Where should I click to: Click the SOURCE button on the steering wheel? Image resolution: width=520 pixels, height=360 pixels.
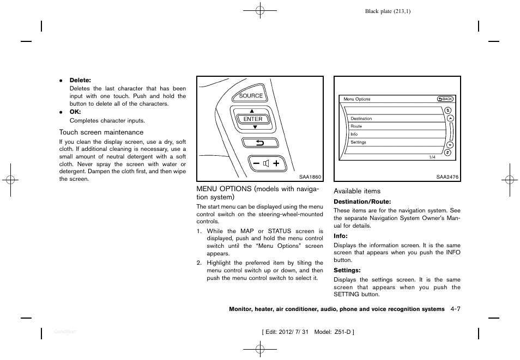pos(251,96)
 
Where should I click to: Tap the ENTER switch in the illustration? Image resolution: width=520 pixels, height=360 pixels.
pos(253,119)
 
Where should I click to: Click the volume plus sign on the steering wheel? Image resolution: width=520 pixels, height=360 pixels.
pos(276,163)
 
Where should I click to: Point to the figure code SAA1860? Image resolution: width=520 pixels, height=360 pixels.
pos(310,176)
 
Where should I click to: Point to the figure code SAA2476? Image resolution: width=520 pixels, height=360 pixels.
pos(448,176)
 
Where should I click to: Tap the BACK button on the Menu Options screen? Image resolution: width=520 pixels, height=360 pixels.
pos(445,99)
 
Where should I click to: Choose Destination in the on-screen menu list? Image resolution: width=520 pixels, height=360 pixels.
pos(361,118)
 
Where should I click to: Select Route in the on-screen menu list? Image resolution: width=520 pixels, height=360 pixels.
pos(356,126)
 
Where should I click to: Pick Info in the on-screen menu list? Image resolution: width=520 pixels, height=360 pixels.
pos(354,134)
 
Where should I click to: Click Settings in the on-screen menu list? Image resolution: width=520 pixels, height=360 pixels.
pos(358,142)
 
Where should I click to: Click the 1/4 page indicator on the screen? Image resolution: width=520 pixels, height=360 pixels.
pos(432,157)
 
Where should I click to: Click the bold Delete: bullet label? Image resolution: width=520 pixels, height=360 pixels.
pos(80,81)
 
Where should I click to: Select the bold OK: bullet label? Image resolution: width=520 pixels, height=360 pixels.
pos(75,112)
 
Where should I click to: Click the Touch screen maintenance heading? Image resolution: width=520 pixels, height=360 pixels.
pos(101,132)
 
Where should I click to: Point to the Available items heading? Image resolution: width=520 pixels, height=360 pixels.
pos(357,191)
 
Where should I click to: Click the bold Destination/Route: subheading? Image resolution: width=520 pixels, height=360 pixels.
pos(362,202)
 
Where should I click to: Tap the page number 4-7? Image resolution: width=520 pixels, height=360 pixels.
pos(456,309)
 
